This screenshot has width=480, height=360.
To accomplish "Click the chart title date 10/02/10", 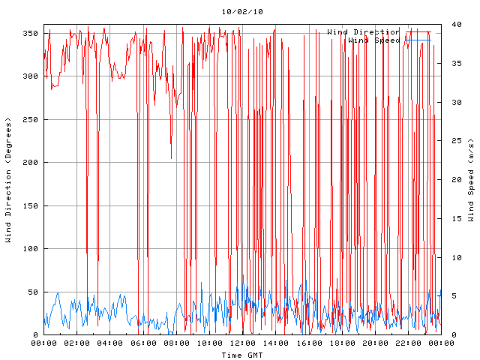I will pos(242,12).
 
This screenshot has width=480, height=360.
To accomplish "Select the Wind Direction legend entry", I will pos(363,31).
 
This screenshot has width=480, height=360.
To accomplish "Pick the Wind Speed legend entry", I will pos(373,40).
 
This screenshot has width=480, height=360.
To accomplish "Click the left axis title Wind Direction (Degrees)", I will pos(8,180).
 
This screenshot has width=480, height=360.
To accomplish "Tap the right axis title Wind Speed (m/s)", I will pos(471,180).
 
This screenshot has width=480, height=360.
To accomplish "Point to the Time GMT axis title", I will pos(241,354).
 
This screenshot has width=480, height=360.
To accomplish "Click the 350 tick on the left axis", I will pos(30,33).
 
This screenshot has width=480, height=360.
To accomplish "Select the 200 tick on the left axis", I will pos(30,163).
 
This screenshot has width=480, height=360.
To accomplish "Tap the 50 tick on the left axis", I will pos(32,292).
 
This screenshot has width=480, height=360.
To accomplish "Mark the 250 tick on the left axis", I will pos(30,119).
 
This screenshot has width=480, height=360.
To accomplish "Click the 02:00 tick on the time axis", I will pos(76,343).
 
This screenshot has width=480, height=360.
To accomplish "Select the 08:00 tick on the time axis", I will pos(176,343).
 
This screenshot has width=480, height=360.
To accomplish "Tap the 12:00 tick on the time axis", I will pos(242,343).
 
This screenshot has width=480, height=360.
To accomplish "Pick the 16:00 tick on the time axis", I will pos(308,343).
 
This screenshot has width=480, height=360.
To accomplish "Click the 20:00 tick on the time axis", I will pos(374,343).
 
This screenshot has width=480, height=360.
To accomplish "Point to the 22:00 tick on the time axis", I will pos(407,343).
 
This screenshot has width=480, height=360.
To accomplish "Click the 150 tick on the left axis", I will pos(30,205).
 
